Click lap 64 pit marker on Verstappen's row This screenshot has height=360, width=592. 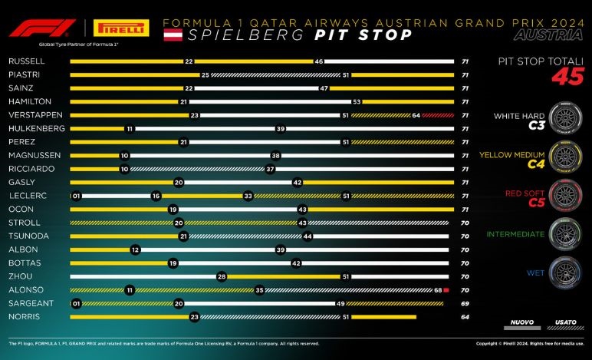[x=415, y=115]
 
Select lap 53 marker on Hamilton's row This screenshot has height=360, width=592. [x=357, y=101]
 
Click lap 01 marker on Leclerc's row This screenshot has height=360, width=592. [x=75, y=196]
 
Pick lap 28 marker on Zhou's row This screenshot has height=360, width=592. [x=221, y=276]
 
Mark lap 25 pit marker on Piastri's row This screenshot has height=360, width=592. [x=206, y=74]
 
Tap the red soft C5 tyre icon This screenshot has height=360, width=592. [x=564, y=195]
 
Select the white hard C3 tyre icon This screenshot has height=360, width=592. [x=564, y=118]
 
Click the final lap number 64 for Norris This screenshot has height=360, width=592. [x=465, y=315]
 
